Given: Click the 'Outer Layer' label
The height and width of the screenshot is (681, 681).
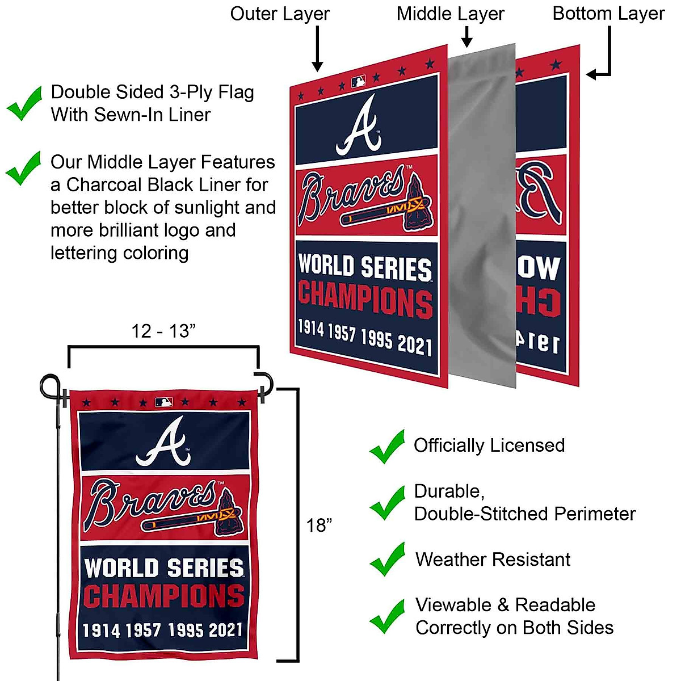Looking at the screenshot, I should click(x=279, y=14).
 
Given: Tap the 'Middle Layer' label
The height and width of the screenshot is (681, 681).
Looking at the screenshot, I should click(x=450, y=14).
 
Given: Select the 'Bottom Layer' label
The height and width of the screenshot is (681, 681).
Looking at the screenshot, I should click(x=608, y=14).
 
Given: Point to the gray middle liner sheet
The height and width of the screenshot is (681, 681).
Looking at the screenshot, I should click(x=482, y=216).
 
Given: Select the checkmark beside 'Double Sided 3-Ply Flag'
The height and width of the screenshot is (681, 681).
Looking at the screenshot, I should click(x=24, y=103).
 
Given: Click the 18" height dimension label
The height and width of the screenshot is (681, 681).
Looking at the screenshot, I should click(x=319, y=526).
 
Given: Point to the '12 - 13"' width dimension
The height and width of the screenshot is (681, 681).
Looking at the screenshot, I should click(x=163, y=331).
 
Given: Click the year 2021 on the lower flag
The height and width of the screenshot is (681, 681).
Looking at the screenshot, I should click(x=226, y=630).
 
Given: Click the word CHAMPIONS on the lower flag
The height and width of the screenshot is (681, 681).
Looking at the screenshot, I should click(x=163, y=596).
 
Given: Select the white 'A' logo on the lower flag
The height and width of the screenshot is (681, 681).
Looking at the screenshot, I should click(x=163, y=441).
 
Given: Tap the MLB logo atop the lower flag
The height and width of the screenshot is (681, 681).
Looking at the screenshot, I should click(x=163, y=402).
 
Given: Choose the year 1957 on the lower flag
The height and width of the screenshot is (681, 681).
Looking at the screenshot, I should click(x=143, y=630).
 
